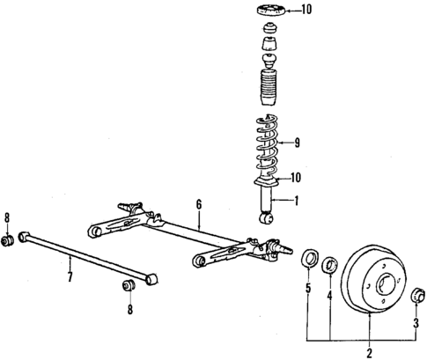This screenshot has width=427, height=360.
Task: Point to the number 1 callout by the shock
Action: [297, 201]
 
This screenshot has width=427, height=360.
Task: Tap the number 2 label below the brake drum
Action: [369, 353]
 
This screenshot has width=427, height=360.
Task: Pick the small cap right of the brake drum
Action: [418, 295]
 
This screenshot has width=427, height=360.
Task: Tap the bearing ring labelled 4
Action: [329, 261]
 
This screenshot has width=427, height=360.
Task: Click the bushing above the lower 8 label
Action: [129, 284]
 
